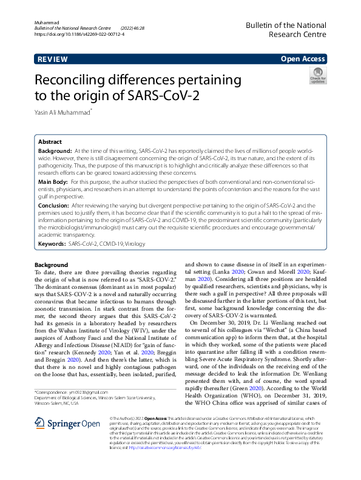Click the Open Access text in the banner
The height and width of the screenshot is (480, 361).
304,59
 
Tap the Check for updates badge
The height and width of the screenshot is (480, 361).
317,77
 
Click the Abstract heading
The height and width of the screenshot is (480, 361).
50,141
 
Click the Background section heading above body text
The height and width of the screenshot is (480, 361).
52,265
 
